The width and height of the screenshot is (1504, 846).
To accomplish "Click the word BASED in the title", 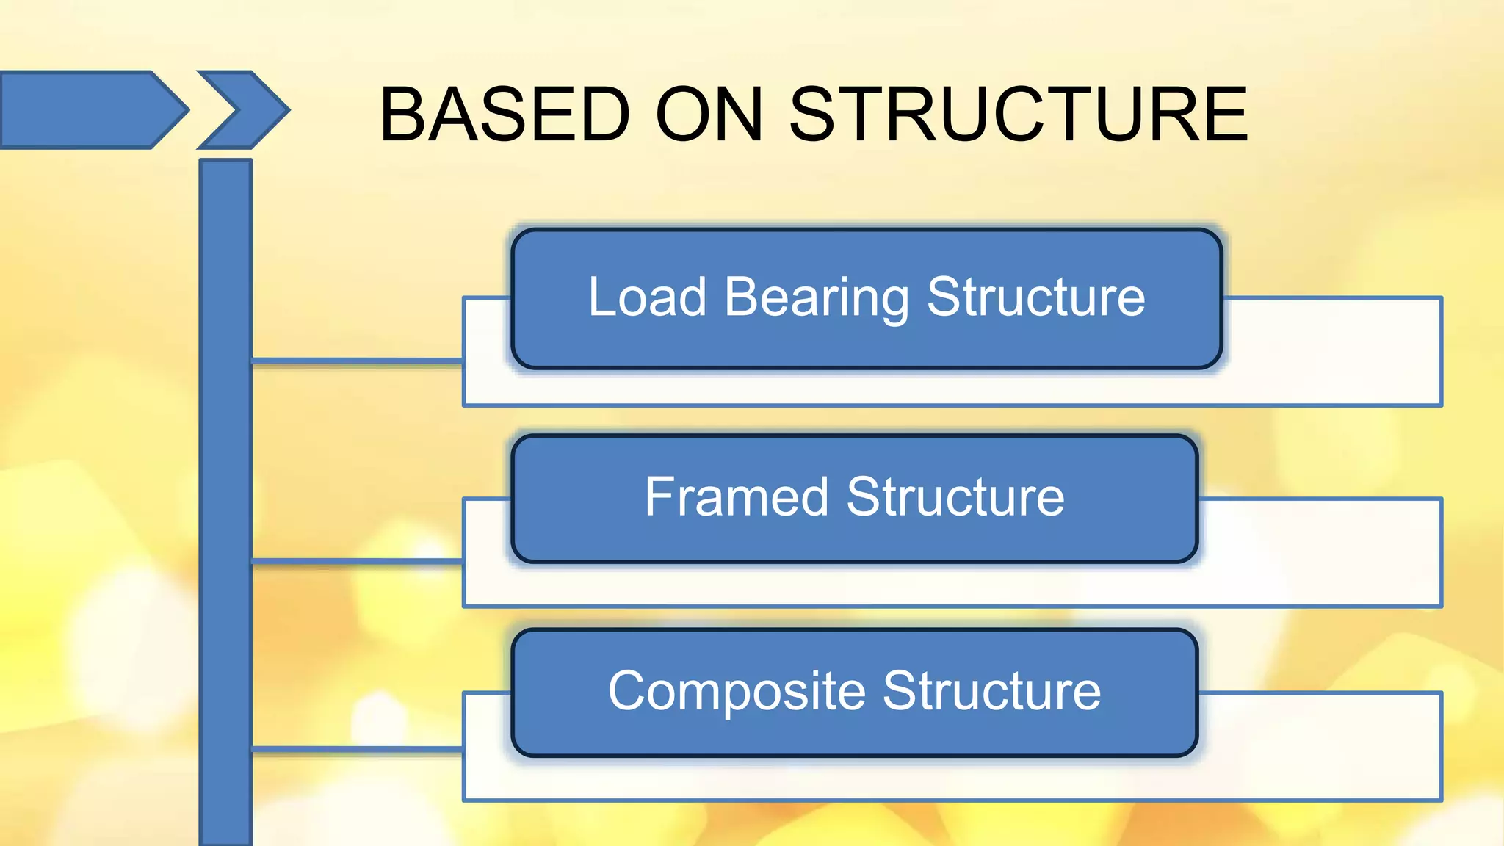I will click(x=505, y=115).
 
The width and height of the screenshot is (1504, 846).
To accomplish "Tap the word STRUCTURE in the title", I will click(x=1018, y=115).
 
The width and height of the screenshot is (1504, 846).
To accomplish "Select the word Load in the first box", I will click(x=647, y=297).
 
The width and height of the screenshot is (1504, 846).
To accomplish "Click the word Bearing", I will click(x=817, y=297).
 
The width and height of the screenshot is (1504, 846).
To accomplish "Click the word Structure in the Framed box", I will click(x=955, y=497).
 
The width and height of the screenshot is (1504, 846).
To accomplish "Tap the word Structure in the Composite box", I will click(x=991, y=691).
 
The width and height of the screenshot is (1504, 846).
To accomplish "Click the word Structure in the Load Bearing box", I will click(x=1035, y=297).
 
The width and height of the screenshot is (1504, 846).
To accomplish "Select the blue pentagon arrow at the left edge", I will click(x=88, y=110).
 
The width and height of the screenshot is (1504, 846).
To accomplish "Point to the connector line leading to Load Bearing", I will click(x=357, y=361).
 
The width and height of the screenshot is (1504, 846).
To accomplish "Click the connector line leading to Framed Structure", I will click(x=357, y=562).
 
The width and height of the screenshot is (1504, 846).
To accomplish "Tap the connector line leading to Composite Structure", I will click(x=357, y=750).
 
